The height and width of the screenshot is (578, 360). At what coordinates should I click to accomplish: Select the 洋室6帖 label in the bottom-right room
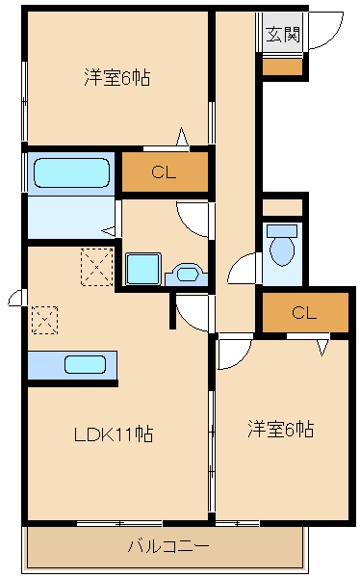(280, 429)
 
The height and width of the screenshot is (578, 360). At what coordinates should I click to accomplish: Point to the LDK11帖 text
(113, 434)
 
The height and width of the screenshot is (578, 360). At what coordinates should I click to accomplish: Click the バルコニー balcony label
(168, 547)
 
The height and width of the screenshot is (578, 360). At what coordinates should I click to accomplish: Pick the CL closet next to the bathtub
(163, 173)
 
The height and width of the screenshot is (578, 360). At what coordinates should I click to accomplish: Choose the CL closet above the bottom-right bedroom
(304, 312)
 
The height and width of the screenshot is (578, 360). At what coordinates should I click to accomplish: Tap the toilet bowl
(282, 246)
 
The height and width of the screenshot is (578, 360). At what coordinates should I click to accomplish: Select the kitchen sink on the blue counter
(85, 365)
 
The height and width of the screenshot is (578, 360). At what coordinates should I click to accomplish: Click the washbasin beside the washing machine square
(185, 275)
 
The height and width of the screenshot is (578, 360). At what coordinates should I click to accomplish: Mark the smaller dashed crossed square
(44, 319)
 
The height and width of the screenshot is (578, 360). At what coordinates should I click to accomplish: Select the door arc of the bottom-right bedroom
(233, 353)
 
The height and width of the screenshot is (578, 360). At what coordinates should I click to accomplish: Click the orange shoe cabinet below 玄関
(283, 66)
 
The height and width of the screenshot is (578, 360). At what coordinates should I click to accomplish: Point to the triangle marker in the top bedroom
(181, 136)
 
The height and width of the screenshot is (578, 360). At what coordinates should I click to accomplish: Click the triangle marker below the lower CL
(322, 346)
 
